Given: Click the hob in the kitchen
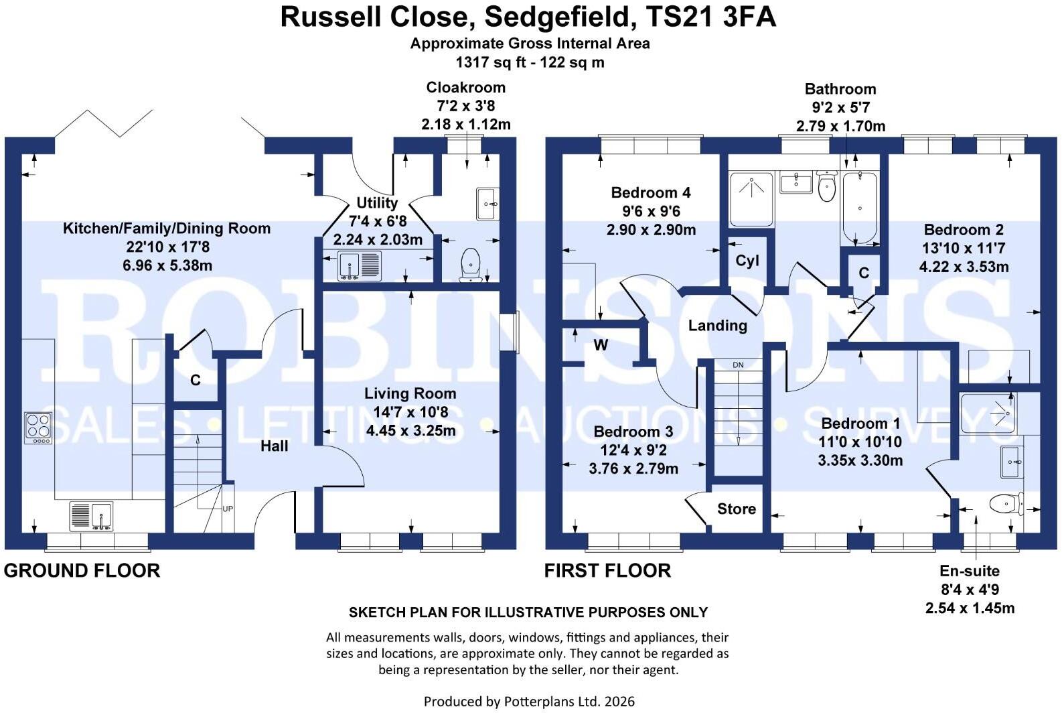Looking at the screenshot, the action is [x=38, y=428].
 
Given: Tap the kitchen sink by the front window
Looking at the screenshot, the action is [x=91, y=516].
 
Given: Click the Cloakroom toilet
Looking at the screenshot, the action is [x=471, y=265].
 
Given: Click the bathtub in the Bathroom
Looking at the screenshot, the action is [x=860, y=208].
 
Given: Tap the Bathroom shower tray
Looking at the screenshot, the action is [x=752, y=199].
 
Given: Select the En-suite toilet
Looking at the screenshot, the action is [x=1006, y=504].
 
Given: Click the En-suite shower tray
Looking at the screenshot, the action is [x=988, y=413].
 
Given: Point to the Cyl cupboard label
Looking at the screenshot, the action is [x=747, y=261].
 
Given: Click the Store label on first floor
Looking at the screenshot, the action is [x=737, y=509].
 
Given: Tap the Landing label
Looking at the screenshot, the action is [x=718, y=326].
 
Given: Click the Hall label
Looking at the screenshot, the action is [x=274, y=446].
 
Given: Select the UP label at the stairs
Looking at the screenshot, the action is [x=228, y=509].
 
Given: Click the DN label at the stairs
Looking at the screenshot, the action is [x=738, y=365].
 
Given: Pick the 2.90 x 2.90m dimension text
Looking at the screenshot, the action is [x=651, y=230].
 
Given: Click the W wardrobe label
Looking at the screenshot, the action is [x=601, y=345].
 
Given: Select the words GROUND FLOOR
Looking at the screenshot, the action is [x=82, y=570].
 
